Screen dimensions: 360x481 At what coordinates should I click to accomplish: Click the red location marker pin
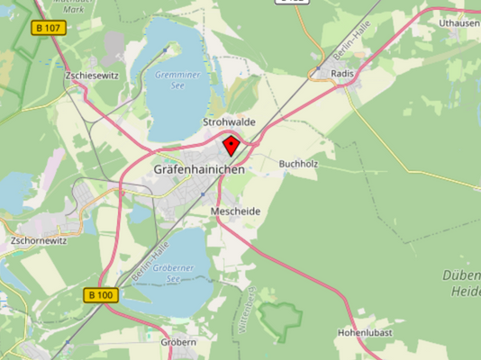231,146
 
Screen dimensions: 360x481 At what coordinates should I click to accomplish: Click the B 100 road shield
101,294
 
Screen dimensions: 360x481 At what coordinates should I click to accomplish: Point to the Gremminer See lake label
172,80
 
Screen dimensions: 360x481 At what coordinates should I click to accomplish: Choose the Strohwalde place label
229,121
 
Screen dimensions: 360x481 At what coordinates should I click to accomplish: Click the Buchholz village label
300,164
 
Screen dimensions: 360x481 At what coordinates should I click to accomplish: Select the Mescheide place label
235,211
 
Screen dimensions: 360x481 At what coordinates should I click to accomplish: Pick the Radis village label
342,74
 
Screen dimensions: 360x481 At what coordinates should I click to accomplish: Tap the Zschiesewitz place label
92,76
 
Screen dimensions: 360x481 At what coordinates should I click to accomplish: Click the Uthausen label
458,22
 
